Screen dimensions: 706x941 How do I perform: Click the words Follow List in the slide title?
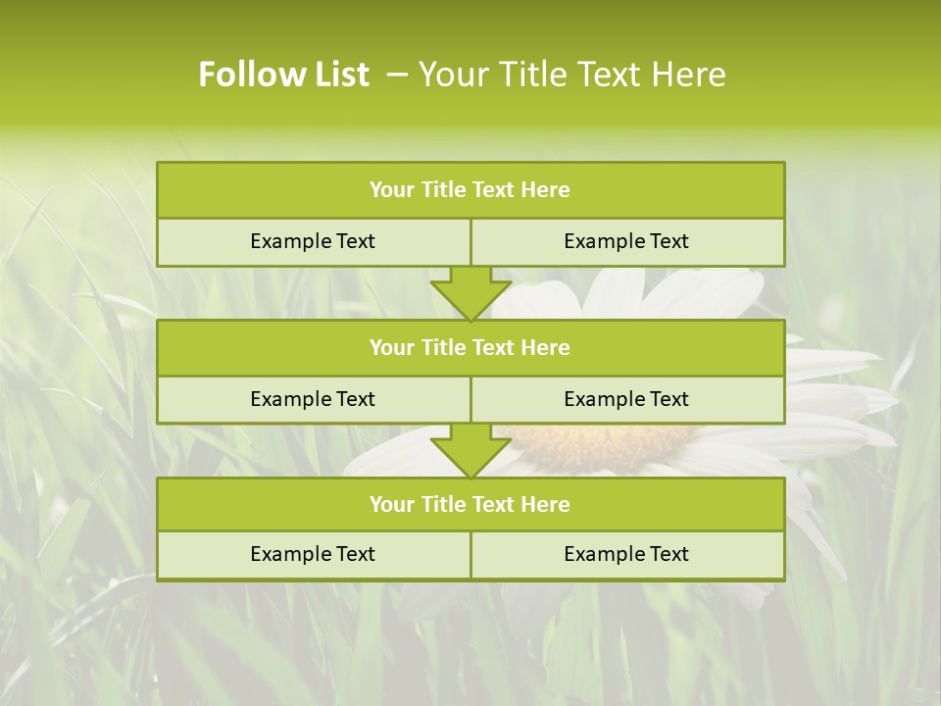[x=284, y=75]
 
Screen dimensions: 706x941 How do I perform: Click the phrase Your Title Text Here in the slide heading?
[x=571, y=75]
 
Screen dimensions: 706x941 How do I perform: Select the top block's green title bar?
[x=470, y=190]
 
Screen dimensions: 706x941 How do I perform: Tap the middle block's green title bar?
[x=470, y=347]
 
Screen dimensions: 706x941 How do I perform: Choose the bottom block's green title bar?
[x=470, y=504]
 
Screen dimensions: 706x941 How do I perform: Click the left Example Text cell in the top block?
[x=313, y=241]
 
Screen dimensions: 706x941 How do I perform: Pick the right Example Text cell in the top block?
[x=626, y=241]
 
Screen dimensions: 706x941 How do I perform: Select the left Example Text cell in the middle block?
[x=313, y=399]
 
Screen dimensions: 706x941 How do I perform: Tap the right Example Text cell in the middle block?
[x=626, y=399]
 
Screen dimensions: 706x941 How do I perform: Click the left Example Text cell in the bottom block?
[x=313, y=554]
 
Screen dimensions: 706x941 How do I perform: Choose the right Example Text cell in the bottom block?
[x=626, y=554]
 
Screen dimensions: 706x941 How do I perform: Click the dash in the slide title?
[x=398, y=75]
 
